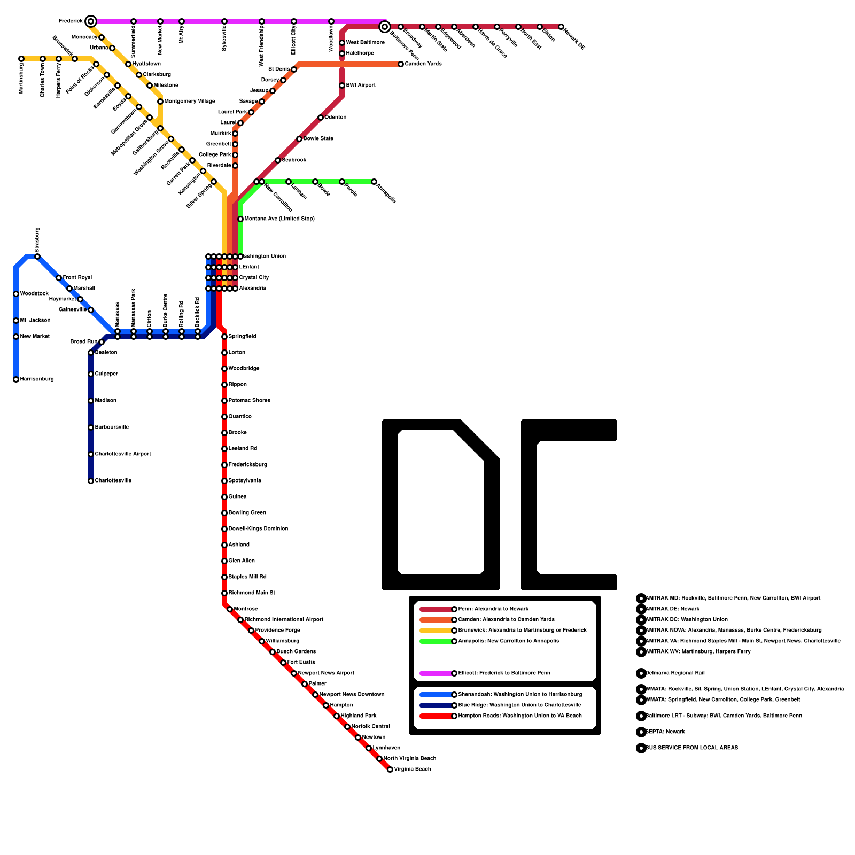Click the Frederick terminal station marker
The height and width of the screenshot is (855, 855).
click(x=91, y=21)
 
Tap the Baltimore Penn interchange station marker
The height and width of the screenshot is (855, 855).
click(x=384, y=27)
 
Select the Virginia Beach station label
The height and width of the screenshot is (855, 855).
click(x=412, y=770)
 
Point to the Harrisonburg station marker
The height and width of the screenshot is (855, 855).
click(x=16, y=379)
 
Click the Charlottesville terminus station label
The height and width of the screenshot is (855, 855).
click(x=113, y=481)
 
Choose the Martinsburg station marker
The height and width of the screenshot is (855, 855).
click(x=21, y=59)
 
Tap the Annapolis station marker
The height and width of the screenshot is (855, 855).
click(x=374, y=182)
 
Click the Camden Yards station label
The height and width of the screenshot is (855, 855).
click(x=423, y=64)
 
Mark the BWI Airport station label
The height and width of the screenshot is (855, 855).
click(x=361, y=85)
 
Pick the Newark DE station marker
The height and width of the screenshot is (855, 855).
click(x=561, y=27)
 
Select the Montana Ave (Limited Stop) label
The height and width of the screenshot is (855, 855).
click(x=279, y=219)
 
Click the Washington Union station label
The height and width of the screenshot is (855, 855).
click(x=264, y=256)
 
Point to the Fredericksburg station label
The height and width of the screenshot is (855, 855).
click(x=247, y=465)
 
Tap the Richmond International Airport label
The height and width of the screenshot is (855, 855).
click(x=284, y=620)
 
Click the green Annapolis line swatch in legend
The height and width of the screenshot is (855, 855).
click(x=436, y=641)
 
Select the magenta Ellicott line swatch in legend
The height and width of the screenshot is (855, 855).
click(x=436, y=673)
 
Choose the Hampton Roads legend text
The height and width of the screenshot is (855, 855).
click(x=519, y=716)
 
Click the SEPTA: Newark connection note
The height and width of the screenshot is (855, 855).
click(x=665, y=732)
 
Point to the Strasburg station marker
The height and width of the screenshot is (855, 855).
click(x=37, y=256)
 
